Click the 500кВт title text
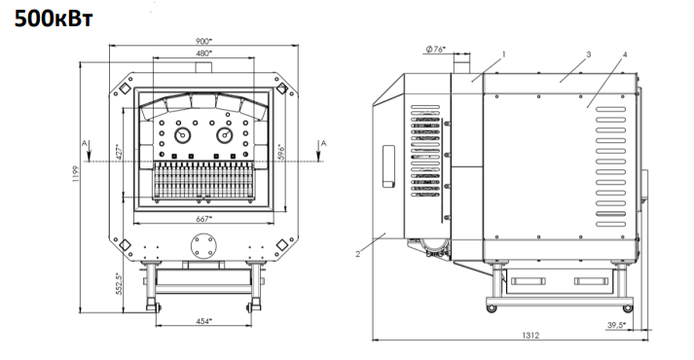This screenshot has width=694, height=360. (54, 18)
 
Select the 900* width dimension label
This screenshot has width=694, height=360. (204, 41)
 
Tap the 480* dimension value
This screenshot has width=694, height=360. (204, 54)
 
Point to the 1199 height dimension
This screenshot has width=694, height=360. (75, 174)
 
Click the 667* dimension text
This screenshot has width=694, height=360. (203, 219)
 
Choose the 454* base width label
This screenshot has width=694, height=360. (203, 321)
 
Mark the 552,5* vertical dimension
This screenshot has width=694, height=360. (118, 283)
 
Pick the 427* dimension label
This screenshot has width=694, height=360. (118, 152)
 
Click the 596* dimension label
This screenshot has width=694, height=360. (279, 152)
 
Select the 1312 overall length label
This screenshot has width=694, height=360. (530, 336)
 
